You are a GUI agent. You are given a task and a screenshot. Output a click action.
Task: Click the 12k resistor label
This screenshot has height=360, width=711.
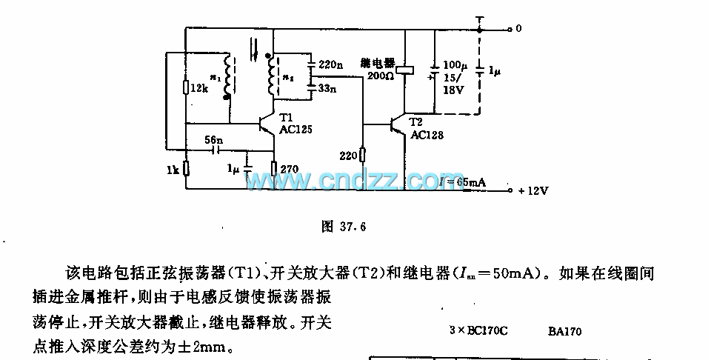click(199, 88)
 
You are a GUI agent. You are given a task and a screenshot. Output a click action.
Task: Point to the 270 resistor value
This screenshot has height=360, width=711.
click(290, 169)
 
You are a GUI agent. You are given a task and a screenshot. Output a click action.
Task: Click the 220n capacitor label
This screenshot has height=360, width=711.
click(330, 65)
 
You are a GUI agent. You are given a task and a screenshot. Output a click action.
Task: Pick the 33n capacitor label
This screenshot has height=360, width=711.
click(327, 89)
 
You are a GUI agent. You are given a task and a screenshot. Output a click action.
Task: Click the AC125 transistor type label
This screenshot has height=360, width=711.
click(296, 128)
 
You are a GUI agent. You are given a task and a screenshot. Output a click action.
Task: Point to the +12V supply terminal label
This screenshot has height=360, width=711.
click(533, 190)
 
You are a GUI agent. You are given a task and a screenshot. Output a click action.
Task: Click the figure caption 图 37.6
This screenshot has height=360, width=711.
click(344, 227)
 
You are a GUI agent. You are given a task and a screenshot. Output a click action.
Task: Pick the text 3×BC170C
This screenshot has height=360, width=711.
click(478, 332)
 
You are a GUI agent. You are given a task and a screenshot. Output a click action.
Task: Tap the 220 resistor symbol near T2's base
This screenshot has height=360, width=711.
click(362, 154)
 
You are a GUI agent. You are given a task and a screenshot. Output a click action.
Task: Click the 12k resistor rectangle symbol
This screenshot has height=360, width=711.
click(185, 89)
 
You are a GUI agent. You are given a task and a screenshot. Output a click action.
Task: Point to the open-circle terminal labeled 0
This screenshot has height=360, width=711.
click(510, 30)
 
